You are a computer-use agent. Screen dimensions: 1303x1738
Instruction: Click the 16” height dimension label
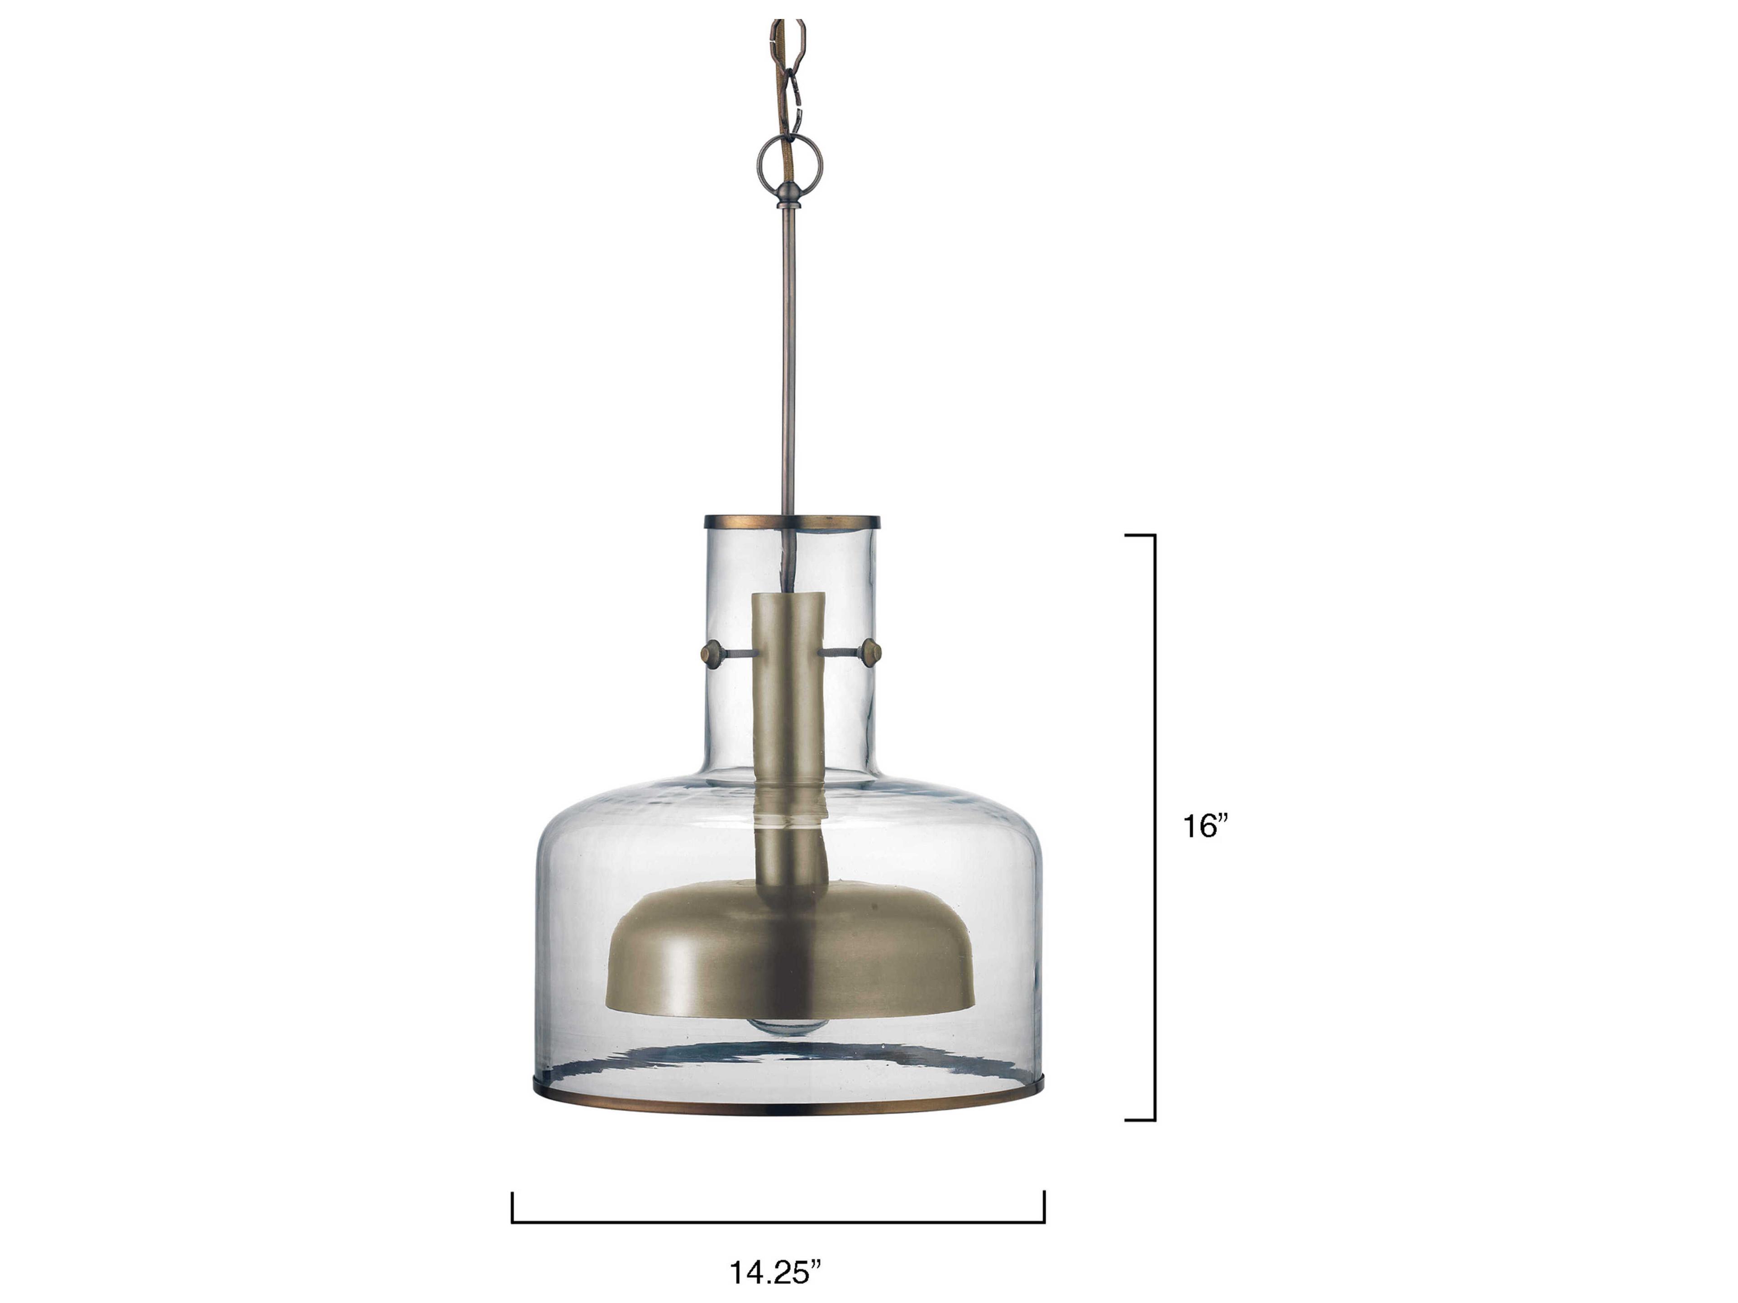(1204, 826)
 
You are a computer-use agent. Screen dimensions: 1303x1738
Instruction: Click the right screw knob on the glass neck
(870, 630)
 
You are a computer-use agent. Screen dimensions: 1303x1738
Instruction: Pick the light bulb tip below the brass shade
(790, 1025)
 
